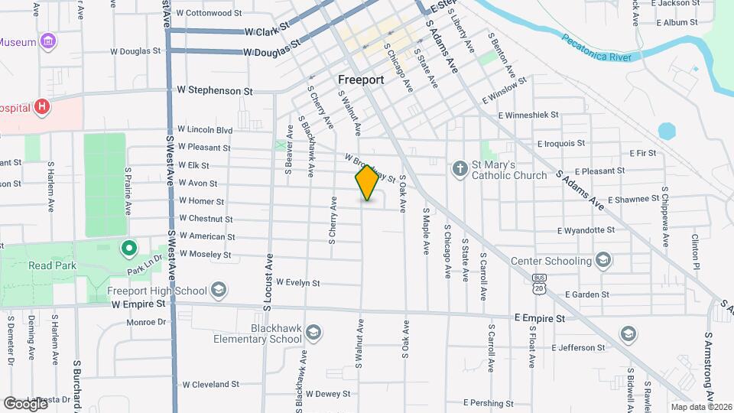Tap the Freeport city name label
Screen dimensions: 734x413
(x=360, y=79)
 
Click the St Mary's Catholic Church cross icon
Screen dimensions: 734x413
(x=460, y=168)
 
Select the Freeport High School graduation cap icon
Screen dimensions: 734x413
(x=219, y=290)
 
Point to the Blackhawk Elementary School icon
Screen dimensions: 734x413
(x=313, y=333)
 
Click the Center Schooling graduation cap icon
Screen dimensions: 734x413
(x=605, y=260)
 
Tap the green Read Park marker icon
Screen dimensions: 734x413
(x=129, y=248)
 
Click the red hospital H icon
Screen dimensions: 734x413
(x=41, y=107)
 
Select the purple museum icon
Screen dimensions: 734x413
(x=49, y=41)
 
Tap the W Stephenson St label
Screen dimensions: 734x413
(x=215, y=90)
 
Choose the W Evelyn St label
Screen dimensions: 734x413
(x=297, y=282)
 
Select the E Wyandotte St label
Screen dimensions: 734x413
(x=586, y=229)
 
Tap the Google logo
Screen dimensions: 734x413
(x=26, y=403)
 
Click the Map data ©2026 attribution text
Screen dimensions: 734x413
(x=700, y=407)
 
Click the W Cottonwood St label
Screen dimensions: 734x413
(x=209, y=13)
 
